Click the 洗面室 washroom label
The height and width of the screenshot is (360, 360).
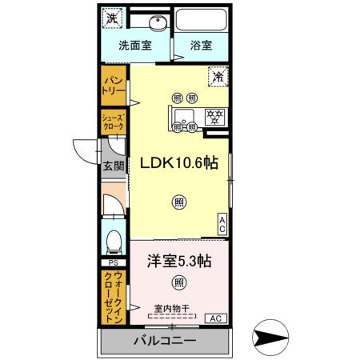(x=136, y=46)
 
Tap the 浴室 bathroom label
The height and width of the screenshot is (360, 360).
(x=201, y=46)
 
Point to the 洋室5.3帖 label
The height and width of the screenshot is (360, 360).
(x=180, y=261)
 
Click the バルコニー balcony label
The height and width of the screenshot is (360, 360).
(x=164, y=342)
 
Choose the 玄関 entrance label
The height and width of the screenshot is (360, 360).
(x=113, y=167)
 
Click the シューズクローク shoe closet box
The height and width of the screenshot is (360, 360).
(x=112, y=122)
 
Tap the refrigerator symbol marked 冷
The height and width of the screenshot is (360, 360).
(x=217, y=77)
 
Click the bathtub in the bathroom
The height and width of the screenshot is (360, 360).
(x=202, y=20)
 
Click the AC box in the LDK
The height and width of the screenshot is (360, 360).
(x=223, y=223)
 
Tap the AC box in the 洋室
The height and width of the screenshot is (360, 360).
(x=215, y=318)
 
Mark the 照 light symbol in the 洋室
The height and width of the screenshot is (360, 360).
(x=178, y=283)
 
